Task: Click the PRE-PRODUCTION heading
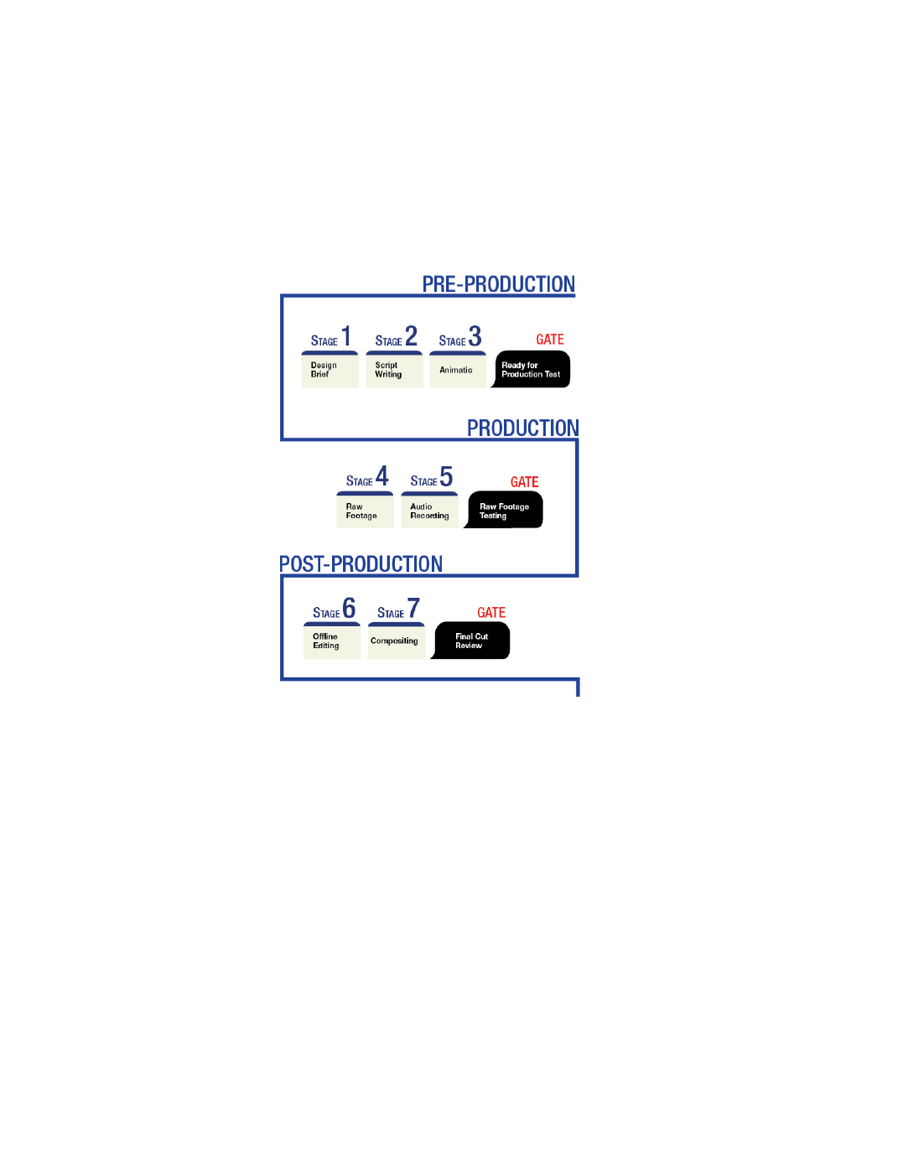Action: (498, 284)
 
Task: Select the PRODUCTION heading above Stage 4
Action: (522, 428)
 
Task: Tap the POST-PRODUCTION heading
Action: (361, 563)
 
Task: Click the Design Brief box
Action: (330, 369)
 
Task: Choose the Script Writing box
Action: (394, 369)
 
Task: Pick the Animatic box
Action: (458, 369)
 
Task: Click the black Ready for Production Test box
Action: (531, 369)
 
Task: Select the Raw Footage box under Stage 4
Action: (365, 510)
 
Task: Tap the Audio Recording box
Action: (429, 510)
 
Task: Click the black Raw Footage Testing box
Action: (503, 510)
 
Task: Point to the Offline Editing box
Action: (331, 640)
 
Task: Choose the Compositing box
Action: (397, 640)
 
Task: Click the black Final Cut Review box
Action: (470, 640)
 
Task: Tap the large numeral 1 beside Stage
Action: (346, 336)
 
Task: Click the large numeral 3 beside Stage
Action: (475, 336)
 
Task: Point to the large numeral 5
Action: (446, 476)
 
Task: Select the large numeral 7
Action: (413, 608)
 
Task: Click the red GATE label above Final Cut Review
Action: (491, 612)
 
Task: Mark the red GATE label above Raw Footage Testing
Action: (524, 482)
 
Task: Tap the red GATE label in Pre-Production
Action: (550, 339)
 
